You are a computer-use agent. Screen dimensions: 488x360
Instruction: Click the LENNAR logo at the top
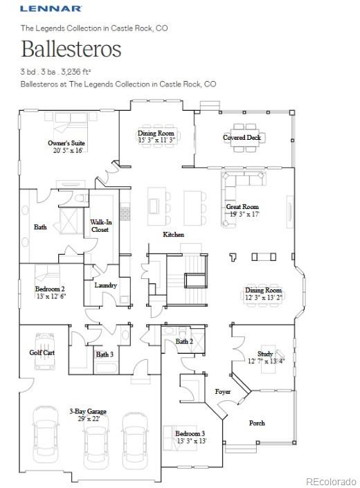tap(51, 8)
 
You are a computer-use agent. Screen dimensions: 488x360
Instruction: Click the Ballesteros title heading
tap(71, 49)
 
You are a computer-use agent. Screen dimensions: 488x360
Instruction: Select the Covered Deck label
tap(242, 138)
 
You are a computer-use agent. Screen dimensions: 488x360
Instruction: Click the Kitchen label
tap(173, 235)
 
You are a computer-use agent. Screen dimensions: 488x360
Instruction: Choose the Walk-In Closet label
tap(100, 226)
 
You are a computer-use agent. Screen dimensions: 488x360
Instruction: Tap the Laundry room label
tap(105, 285)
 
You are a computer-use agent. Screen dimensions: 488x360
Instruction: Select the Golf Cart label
tap(42, 352)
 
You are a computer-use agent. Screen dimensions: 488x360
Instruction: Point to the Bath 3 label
tap(105, 354)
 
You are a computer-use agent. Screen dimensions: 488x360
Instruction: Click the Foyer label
tap(222, 392)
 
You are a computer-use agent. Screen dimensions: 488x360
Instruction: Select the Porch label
tap(256, 423)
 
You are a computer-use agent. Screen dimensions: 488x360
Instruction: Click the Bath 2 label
tap(183, 341)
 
